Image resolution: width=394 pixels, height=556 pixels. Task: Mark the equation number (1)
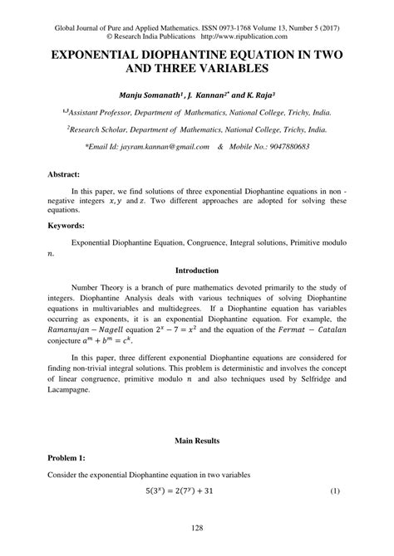[x=335, y=491]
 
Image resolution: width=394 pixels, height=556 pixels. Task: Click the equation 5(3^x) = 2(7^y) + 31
[x=196, y=491]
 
